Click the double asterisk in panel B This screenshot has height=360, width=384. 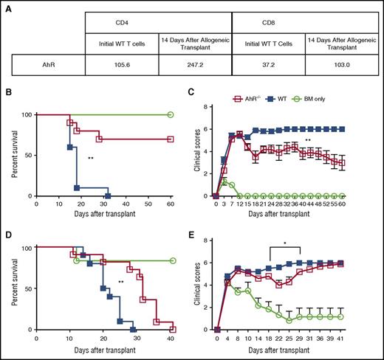click(90, 158)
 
